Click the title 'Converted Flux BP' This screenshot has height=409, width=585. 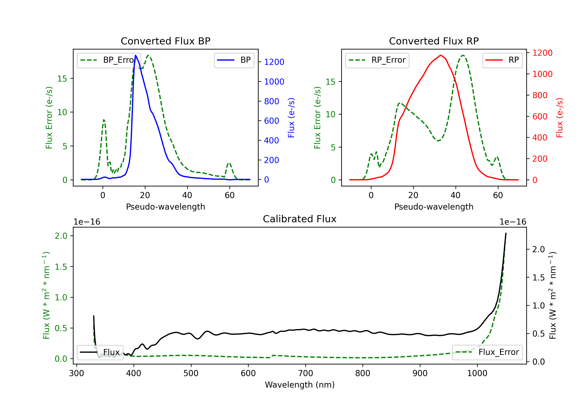(165, 41)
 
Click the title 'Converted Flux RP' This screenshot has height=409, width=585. (434, 41)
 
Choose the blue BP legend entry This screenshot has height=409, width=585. (234, 60)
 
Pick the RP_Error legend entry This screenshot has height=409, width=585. (377, 60)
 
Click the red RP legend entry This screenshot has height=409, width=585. (502, 60)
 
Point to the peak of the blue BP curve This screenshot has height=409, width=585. (136, 55)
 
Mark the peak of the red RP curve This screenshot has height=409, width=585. (441, 55)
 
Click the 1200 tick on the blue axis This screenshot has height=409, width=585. (274, 62)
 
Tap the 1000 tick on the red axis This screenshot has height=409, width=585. (542, 74)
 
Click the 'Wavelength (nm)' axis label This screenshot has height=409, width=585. (300, 385)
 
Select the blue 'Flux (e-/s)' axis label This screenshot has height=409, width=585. (291, 118)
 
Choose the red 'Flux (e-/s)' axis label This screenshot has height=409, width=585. (559, 118)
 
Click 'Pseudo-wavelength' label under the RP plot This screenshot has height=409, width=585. (434, 207)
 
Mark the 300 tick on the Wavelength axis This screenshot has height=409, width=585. (76, 373)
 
